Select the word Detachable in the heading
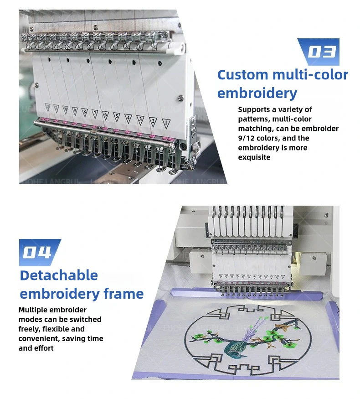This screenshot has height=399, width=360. (59, 275)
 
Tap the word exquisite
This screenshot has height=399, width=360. (254, 157)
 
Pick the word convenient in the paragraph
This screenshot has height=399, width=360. (38, 338)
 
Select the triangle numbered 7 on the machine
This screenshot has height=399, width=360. (95, 113)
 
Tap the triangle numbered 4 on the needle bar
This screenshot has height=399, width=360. (129, 118)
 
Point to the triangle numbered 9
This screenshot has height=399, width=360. (74, 110)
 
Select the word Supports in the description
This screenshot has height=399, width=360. (254, 109)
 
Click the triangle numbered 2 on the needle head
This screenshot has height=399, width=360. (153, 121)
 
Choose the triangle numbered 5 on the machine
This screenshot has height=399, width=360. (117, 116)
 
